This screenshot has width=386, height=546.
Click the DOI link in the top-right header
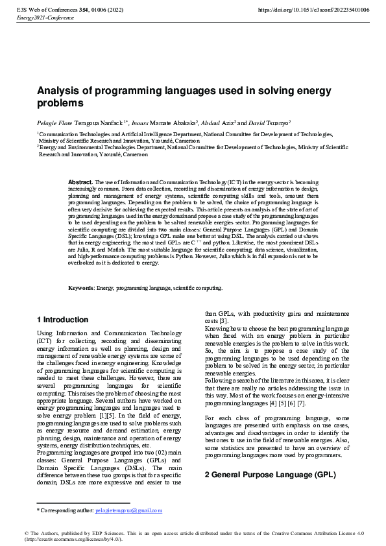[313, 10]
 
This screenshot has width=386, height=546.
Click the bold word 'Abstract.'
[80, 183]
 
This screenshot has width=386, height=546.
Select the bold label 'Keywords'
[81, 288]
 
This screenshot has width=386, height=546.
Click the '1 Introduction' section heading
[62, 320]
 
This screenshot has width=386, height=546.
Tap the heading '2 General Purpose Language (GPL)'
[271, 475]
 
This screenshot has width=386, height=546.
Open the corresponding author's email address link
[128, 510]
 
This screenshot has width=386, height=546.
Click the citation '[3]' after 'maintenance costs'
[223, 321]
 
